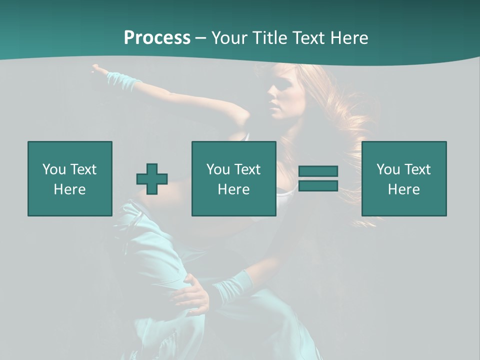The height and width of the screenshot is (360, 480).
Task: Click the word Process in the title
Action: click(157, 38)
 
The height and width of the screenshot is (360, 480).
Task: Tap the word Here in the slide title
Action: click(348, 38)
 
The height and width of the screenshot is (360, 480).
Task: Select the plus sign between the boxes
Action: click(152, 179)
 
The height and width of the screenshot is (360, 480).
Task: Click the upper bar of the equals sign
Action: click(318, 171)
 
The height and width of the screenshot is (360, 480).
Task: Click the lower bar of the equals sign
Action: click(318, 186)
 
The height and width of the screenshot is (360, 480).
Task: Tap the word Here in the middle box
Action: click(233, 189)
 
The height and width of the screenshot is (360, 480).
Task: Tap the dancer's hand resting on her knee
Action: click(192, 295)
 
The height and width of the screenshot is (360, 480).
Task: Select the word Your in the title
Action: click(229, 38)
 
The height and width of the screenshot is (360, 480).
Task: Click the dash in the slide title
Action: click(200, 38)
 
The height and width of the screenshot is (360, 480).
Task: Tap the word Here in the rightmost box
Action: click(403, 189)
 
